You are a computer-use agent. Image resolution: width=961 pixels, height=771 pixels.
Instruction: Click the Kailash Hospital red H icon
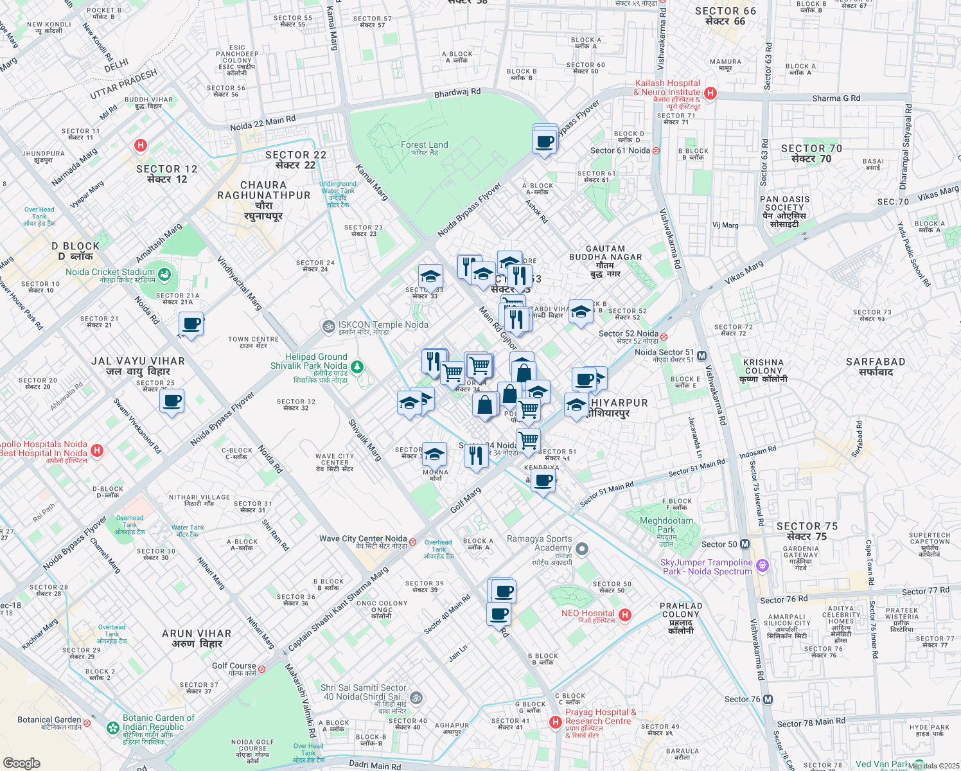coord(710,93)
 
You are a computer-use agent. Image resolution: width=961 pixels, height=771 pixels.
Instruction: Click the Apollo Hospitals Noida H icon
coord(97,450)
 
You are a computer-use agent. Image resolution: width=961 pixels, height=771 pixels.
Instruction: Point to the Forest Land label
coord(424,145)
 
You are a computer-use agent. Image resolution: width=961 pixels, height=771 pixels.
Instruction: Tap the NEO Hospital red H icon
coord(624,615)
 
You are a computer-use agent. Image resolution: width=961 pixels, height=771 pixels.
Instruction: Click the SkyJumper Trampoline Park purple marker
coord(762,565)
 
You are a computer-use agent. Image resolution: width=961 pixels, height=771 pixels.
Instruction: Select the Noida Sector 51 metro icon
coord(701,356)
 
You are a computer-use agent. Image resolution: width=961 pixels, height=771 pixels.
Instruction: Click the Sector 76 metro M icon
coord(768,700)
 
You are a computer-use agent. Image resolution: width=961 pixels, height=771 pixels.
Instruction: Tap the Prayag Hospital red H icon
coord(556,723)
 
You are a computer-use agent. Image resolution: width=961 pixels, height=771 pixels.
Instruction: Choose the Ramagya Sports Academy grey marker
coord(582,549)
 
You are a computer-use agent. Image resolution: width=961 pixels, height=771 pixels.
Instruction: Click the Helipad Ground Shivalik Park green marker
coord(357,368)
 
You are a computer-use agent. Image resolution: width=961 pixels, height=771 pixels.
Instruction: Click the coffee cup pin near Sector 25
coord(172,402)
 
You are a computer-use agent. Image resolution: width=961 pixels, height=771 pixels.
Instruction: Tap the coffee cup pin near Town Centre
coord(191,324)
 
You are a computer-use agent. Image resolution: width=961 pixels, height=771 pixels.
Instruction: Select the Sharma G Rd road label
coord(836,98)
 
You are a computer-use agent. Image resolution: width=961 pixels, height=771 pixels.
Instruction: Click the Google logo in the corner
coord(21,763)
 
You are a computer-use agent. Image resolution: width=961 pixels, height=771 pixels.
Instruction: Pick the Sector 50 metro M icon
coord(745,544)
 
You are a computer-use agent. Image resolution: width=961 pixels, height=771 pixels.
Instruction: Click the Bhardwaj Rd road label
coord(457,93)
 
